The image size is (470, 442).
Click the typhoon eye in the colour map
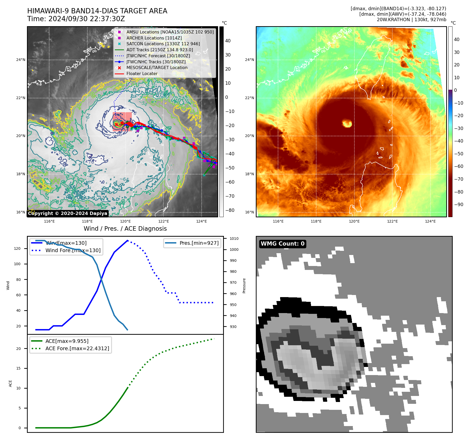click(347, 123)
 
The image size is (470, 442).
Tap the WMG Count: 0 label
click(282, 244)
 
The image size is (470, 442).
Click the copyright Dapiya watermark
click(67, 213)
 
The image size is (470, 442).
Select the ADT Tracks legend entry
click(160, 50)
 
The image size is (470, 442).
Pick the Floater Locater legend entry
click(142, 74)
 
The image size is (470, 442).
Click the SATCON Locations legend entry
click(163, 44)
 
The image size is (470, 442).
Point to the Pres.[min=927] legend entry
click(199, 243)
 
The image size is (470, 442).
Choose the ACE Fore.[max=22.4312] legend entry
click(77, 349)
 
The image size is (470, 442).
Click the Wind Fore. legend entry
click(73, 250)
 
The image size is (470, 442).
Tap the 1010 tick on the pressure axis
click(234, 239)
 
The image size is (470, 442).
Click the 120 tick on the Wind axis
click(17, 248)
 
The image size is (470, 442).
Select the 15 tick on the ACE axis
click(18, 368)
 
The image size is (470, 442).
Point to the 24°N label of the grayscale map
click(21, 60)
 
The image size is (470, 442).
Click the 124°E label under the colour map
click(430, 221)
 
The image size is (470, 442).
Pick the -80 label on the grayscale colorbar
click(230, 210)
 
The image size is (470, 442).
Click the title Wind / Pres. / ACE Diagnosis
click(125, 229)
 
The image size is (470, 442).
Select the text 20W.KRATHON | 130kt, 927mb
click(411, 20)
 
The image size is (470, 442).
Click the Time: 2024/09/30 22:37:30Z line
click(76, 19)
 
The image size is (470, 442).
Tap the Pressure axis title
click(244, 286)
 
